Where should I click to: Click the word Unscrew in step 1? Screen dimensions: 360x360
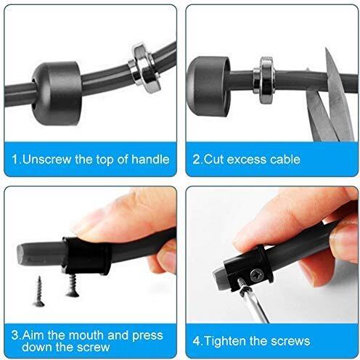coord(47,160)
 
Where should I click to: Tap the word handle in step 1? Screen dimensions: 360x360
coord(150,159)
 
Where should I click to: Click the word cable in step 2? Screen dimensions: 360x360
coord(285,160)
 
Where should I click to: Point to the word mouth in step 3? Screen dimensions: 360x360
coord(86,335)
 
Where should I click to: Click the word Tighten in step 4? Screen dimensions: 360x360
coord(225,341)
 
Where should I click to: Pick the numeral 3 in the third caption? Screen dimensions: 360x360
coord(15,335)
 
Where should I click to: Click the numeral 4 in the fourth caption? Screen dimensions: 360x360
coord(197,341)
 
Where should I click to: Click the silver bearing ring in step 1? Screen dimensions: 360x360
coord(144,64)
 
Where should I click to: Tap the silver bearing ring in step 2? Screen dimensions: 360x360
coord(264,80)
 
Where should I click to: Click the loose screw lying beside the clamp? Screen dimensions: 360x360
coord(38,292)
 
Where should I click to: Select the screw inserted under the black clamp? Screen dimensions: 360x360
coord(72,285)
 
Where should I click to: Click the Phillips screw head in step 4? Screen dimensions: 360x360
coord(256,275)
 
